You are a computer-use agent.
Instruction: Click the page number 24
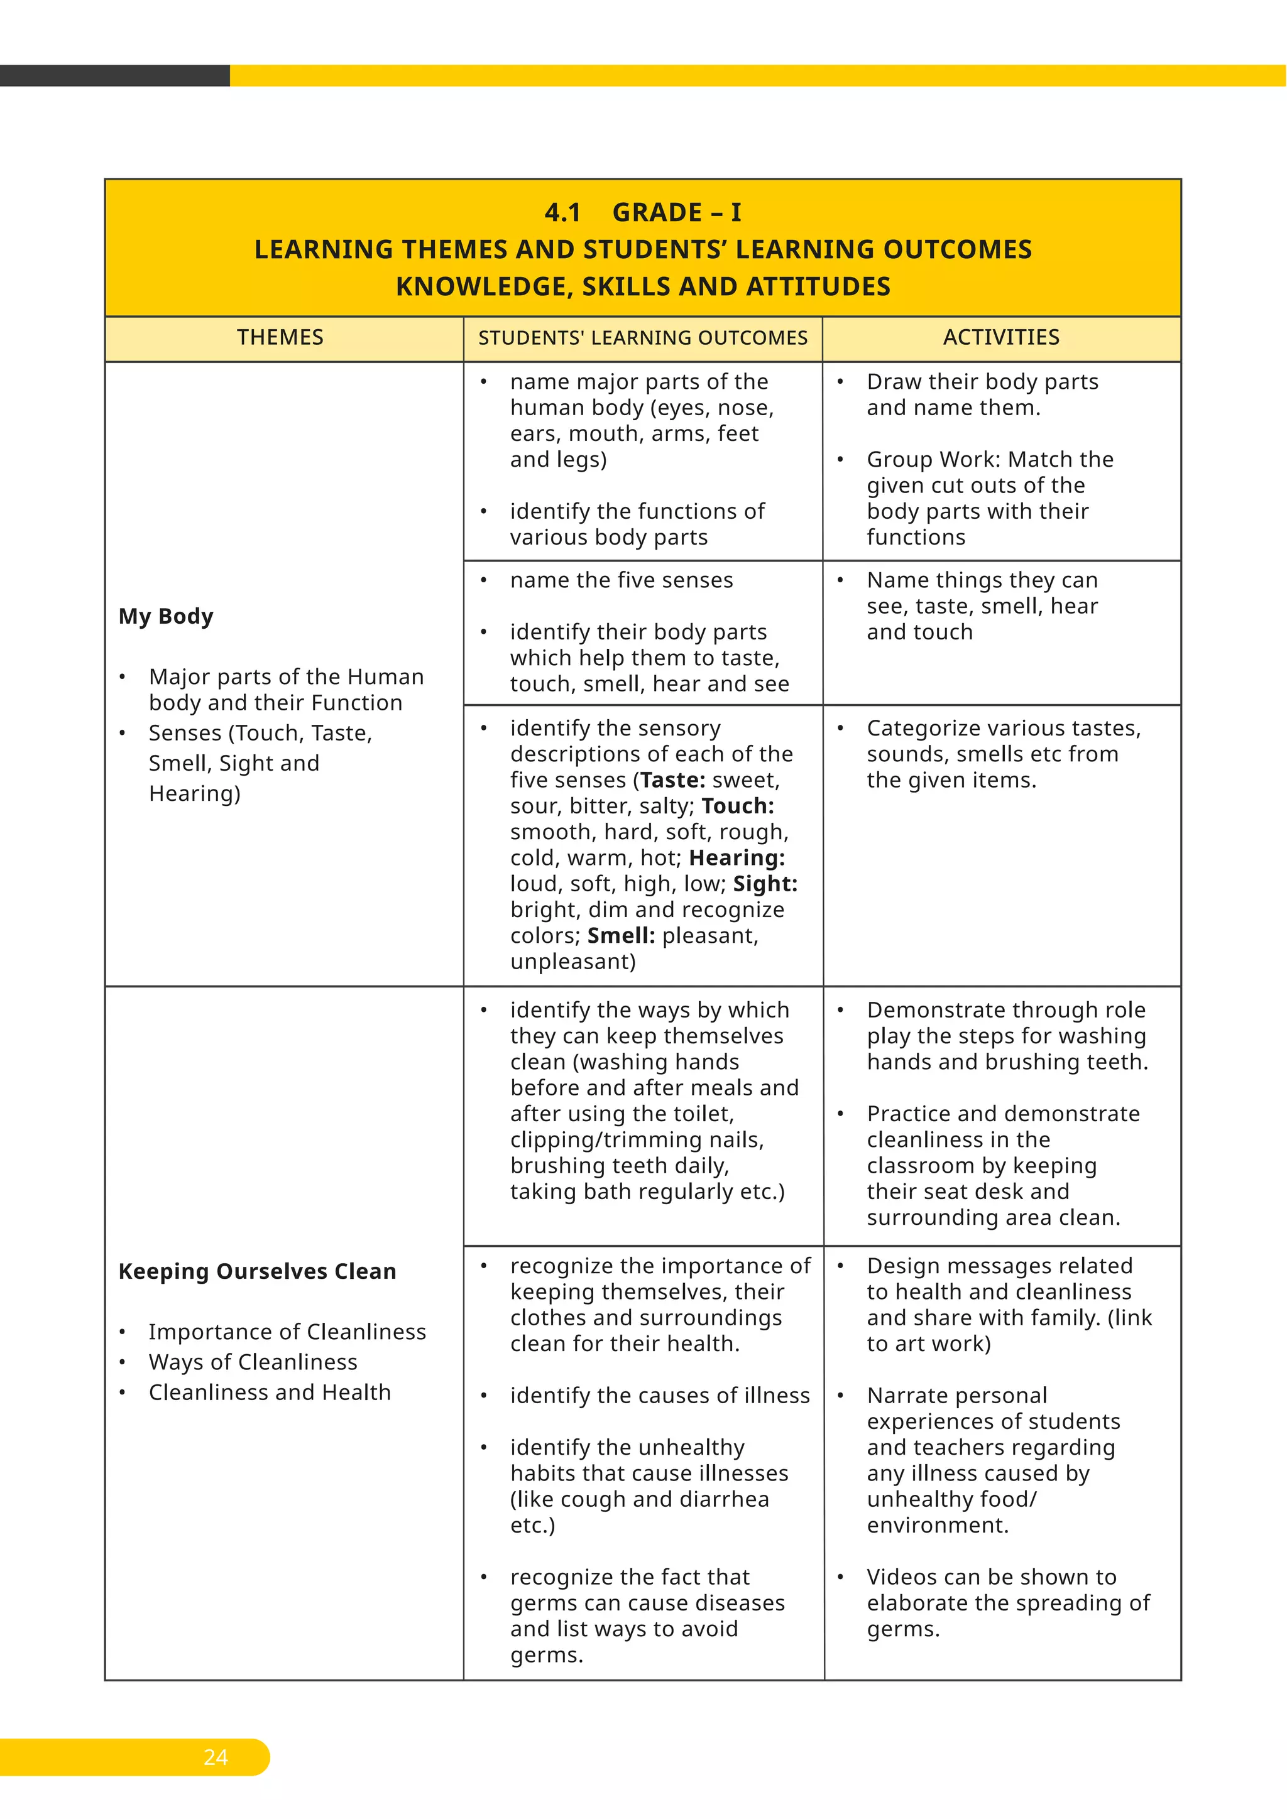(x=216, y=1757)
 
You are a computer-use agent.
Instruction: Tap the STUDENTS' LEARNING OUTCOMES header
(x=643, y=339)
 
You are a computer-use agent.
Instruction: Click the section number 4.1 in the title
(x=562, y=212)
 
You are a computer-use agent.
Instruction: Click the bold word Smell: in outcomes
(x=620, y=936)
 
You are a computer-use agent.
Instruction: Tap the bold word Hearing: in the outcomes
(x=737, y=858)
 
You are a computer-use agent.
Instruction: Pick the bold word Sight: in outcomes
(x=765, y=884)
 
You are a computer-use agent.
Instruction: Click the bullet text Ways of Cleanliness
(x=253, y=1362)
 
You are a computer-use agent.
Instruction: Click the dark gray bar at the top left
(x=114, y=75)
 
